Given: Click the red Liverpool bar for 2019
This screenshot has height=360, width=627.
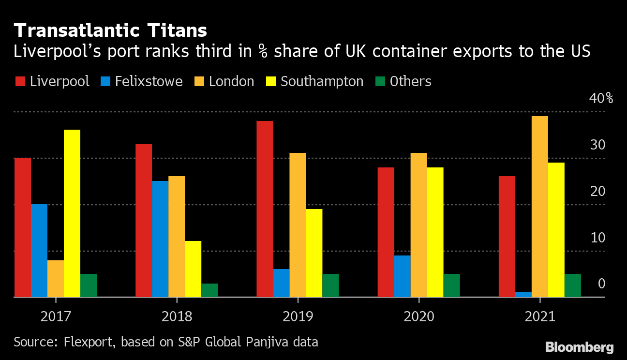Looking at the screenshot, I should point(265,209).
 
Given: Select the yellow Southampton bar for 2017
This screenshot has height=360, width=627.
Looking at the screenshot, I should point(72,213).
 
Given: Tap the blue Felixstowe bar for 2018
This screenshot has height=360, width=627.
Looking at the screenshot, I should point(160,239).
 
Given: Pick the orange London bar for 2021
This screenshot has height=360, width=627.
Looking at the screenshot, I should point(540,206).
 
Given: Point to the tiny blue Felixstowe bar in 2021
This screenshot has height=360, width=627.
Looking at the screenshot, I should point(523,294).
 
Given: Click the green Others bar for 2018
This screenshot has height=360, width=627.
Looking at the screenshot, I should point(209,290).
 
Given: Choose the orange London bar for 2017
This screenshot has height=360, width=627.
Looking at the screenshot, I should point(56,278).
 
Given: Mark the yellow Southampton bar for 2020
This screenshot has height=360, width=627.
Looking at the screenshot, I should point(435,232).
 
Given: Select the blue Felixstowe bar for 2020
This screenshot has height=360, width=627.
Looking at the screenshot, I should point(403,276).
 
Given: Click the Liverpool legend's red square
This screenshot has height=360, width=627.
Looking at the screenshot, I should point(20,81).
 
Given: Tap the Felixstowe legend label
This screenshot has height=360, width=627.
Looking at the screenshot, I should point(149,81).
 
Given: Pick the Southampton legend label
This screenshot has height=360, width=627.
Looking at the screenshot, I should point(322,81).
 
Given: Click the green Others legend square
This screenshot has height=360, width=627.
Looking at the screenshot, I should point(381,81).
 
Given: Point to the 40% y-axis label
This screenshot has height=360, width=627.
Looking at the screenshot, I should point(601,98).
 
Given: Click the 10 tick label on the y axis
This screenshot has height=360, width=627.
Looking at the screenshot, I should point(598,238).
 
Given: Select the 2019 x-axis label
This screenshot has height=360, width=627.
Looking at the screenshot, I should point(298,317).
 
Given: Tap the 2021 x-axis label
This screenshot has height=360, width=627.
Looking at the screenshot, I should point(539,317).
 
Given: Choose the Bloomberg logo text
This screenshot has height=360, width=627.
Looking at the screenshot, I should point(579,347).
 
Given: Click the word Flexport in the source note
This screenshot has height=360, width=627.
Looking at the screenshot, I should point(90,342).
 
